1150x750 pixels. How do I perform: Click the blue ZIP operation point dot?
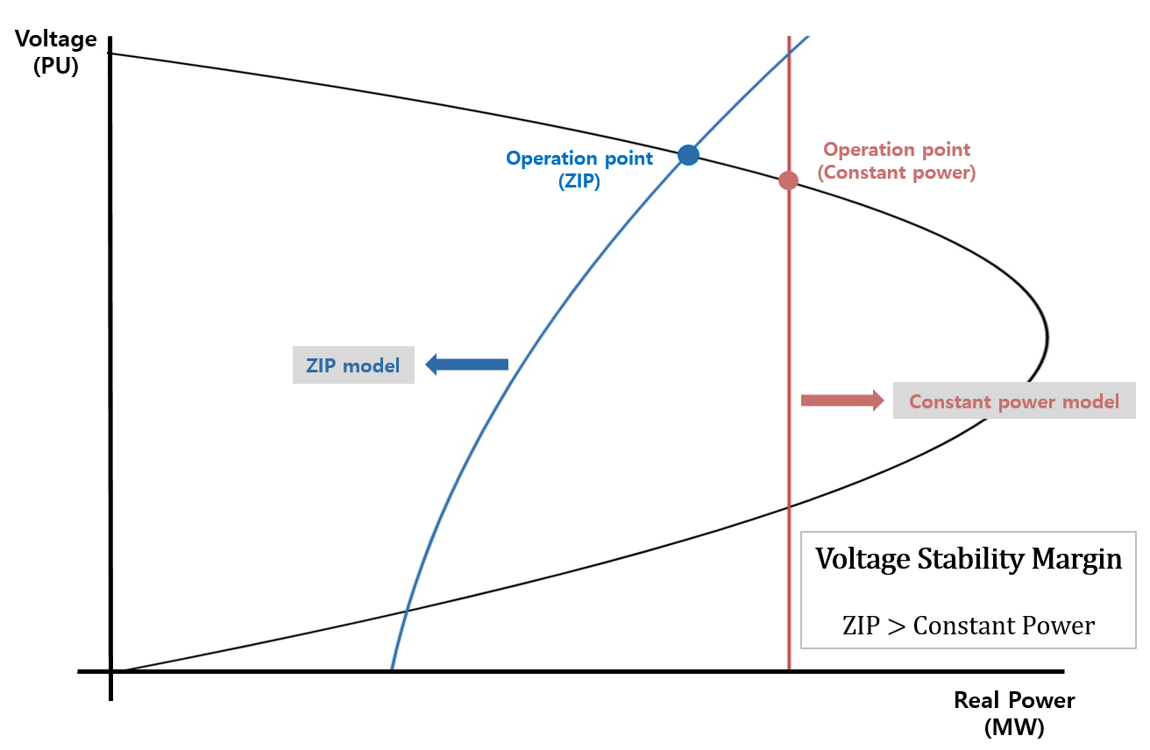pos(688,154)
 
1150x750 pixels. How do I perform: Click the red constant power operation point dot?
pos(788,180)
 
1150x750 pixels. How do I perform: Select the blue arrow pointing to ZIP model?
pos(466,364)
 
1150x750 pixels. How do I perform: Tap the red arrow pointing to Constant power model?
pos(842,400)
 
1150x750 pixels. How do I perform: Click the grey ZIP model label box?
pos(353,365)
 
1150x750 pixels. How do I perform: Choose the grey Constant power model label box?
pos(1014,400)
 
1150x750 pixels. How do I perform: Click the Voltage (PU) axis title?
pos(55,53)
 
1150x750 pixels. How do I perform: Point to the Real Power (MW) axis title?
pos(1014,713)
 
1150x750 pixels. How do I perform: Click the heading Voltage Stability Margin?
pos(969,558)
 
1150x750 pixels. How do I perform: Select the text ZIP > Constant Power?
pos(969,626)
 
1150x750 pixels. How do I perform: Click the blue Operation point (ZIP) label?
pos(579,169)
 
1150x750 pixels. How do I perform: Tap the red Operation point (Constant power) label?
pos(897,160)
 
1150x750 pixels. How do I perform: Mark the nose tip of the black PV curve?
pos(1047,338)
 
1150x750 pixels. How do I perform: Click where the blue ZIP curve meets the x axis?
pos(392,670)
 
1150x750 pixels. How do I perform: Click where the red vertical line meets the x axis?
pos(789,670)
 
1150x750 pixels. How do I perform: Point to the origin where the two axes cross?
pos(111,671)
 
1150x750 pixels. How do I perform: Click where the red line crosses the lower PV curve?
pos(789,506)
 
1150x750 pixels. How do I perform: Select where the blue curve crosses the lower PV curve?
pos(407,611)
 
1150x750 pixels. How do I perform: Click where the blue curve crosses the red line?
pos(789,53)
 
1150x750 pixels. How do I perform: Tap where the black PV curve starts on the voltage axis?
pos(111,53)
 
